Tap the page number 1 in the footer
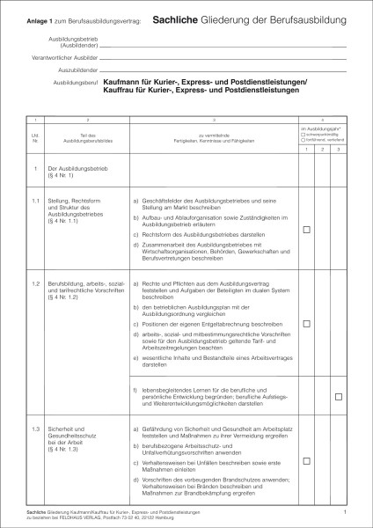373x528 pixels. pos(346,510)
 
